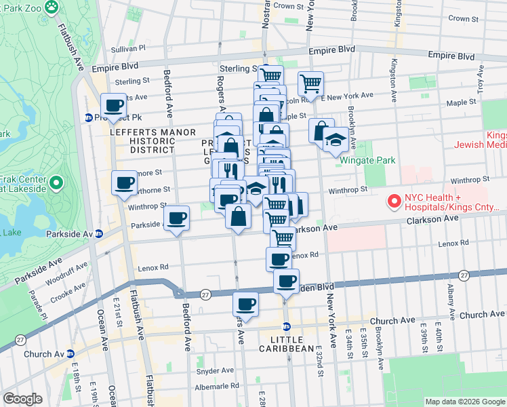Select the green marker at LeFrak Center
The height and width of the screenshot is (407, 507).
point(57,183)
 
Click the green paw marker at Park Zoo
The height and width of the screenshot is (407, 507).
point(52,6)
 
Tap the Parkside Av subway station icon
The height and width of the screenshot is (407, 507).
point(99,233)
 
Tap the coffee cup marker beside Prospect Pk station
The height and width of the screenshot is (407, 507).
point(114,105)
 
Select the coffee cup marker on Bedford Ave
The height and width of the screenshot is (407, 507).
point(178,218)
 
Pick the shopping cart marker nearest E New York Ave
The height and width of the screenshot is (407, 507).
point(310,84)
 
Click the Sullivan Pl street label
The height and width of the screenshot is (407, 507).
point(128,49)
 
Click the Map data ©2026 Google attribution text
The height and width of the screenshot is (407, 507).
point(465,402)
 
